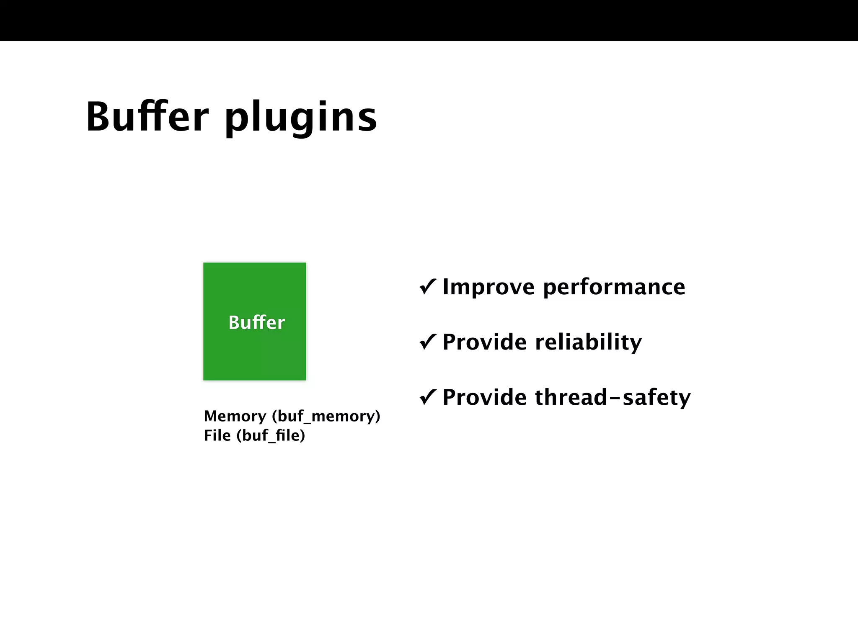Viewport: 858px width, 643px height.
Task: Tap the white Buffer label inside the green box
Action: [x=256, y=322]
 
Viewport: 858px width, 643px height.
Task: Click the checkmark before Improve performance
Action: [x=428, y=287]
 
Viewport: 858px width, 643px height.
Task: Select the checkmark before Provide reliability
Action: [x=428, y=342]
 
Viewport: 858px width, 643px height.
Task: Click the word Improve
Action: [x=488, y=287]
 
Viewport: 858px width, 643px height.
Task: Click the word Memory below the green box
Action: [x=235, y=416]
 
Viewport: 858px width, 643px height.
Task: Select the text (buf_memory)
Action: [x=326, y=416]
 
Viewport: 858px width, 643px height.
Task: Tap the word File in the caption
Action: [x=217, y=435]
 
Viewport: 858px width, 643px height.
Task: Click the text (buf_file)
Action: [x=271, y=435]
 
